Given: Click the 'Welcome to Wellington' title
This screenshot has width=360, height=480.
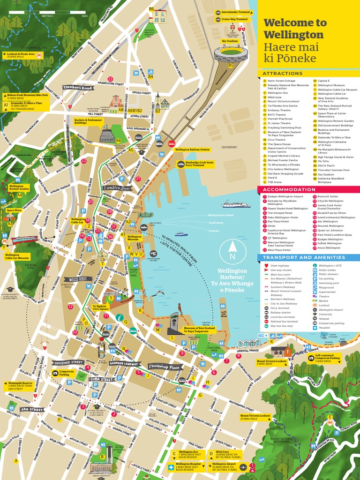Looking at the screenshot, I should (x=295, y=29).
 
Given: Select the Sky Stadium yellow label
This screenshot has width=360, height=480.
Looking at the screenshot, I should (x=230, y=41).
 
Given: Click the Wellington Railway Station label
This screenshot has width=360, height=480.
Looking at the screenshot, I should (x=192, y=150).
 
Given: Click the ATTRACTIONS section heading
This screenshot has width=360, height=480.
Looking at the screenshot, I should (x=283, y=74).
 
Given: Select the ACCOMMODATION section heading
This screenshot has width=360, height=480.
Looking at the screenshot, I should (x=289, y=189).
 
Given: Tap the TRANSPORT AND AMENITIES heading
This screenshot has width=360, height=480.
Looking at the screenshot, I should (x=304, y=257).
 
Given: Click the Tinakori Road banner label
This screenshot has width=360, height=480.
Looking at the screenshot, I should (x=78, y=88).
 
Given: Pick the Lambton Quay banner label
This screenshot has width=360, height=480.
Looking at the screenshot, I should (x=116, y=188).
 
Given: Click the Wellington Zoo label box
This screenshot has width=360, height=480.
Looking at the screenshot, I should (x=190, y=454).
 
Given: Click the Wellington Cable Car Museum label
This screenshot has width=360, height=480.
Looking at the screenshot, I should (x=17, y=256).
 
